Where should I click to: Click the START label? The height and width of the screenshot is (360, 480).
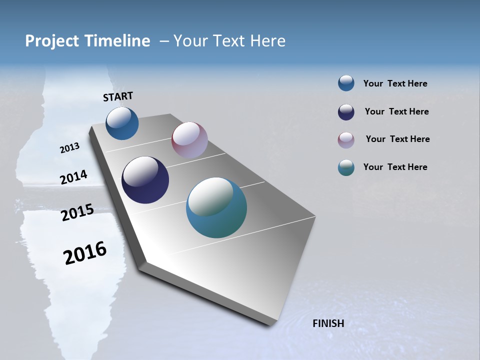pyautogui.click(x=118, y=96)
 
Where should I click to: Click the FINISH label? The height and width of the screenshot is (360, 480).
pyautogui.click(x=328, y=323)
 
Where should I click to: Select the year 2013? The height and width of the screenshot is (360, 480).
pyautogui.click(x=69, y=148)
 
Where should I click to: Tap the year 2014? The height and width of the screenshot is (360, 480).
pyautogui.click(x=73, y=177)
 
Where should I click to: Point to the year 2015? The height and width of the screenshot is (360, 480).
pyautogui.click(x=77, y=212)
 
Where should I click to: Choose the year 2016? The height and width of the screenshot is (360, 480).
pyautogui.click(x=85, y=253)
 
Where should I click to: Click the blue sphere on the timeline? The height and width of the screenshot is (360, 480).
pyautogui.click(x=122, y=123)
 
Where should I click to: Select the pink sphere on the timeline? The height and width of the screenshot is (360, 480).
pyautogui.click(x=189, y=140)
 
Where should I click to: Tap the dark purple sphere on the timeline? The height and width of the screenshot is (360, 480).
pyautogui.click(x=145, y=180)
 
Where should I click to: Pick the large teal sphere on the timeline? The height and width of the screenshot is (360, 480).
pyautogui.click(x=216, y=207)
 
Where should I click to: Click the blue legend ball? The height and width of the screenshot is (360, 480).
pyautogui.click(x=346, y=83)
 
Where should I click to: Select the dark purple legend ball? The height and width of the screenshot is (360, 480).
pyautogui.click(x=346, y=112)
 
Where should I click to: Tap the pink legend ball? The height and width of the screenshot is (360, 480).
pyautogui.click(x=346, y=140)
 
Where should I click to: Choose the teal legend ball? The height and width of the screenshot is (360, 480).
pyautogui.click(x=346, y=167)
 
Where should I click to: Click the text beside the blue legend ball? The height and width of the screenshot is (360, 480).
pyautogui.click(x=395, y=84)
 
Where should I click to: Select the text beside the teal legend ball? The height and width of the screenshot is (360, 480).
pyautogui.click(x=395, y=167)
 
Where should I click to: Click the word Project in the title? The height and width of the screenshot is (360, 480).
pyautogui.click(x=51, y=41)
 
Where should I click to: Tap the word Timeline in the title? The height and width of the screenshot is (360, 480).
pyautogui.click(x=118, y=41)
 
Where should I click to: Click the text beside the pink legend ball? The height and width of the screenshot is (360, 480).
pyautogui.click(x=397, y=139)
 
